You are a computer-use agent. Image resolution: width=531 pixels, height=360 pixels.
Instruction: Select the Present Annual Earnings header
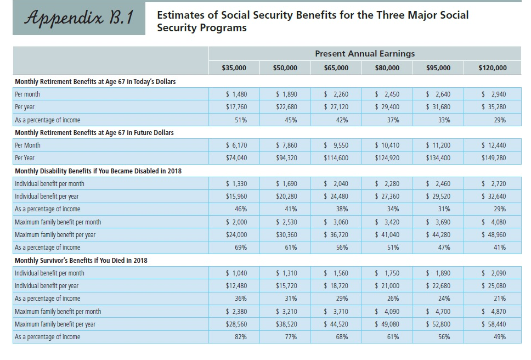[365, 53]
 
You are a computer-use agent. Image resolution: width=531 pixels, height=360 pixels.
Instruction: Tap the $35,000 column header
[234, 68]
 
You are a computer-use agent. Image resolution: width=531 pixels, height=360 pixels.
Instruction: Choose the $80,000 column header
[387, 68]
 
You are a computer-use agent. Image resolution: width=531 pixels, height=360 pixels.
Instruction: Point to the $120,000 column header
[492, 68]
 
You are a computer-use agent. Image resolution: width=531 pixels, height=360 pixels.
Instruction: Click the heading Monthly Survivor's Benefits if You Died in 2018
[81, 260]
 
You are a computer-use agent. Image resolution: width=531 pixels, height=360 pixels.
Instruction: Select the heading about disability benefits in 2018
[98, 171]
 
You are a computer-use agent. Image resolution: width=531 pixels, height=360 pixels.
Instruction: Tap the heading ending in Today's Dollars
[95, 82]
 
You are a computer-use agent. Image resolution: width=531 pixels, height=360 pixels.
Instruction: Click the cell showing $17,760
[236, 107]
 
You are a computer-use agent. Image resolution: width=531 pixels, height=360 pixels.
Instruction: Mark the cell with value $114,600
[336, 158]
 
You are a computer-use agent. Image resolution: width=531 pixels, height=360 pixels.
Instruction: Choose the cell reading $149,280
[493, 158]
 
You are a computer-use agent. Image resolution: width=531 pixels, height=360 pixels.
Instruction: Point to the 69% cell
[240, 247]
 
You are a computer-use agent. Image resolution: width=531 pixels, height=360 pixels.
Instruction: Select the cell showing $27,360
[387, 196]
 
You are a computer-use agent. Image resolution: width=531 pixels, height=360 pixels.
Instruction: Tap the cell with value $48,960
[493, 234]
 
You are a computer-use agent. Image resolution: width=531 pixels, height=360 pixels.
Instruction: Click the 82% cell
[240, 336]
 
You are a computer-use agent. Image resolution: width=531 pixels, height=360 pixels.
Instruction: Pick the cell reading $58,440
[493, 324]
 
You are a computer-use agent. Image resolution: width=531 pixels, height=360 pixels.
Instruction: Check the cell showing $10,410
[387, 145]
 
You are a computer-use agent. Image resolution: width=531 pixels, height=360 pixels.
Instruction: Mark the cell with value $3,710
[336, 311]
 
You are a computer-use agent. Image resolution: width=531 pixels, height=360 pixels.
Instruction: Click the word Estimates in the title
[180, 15]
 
